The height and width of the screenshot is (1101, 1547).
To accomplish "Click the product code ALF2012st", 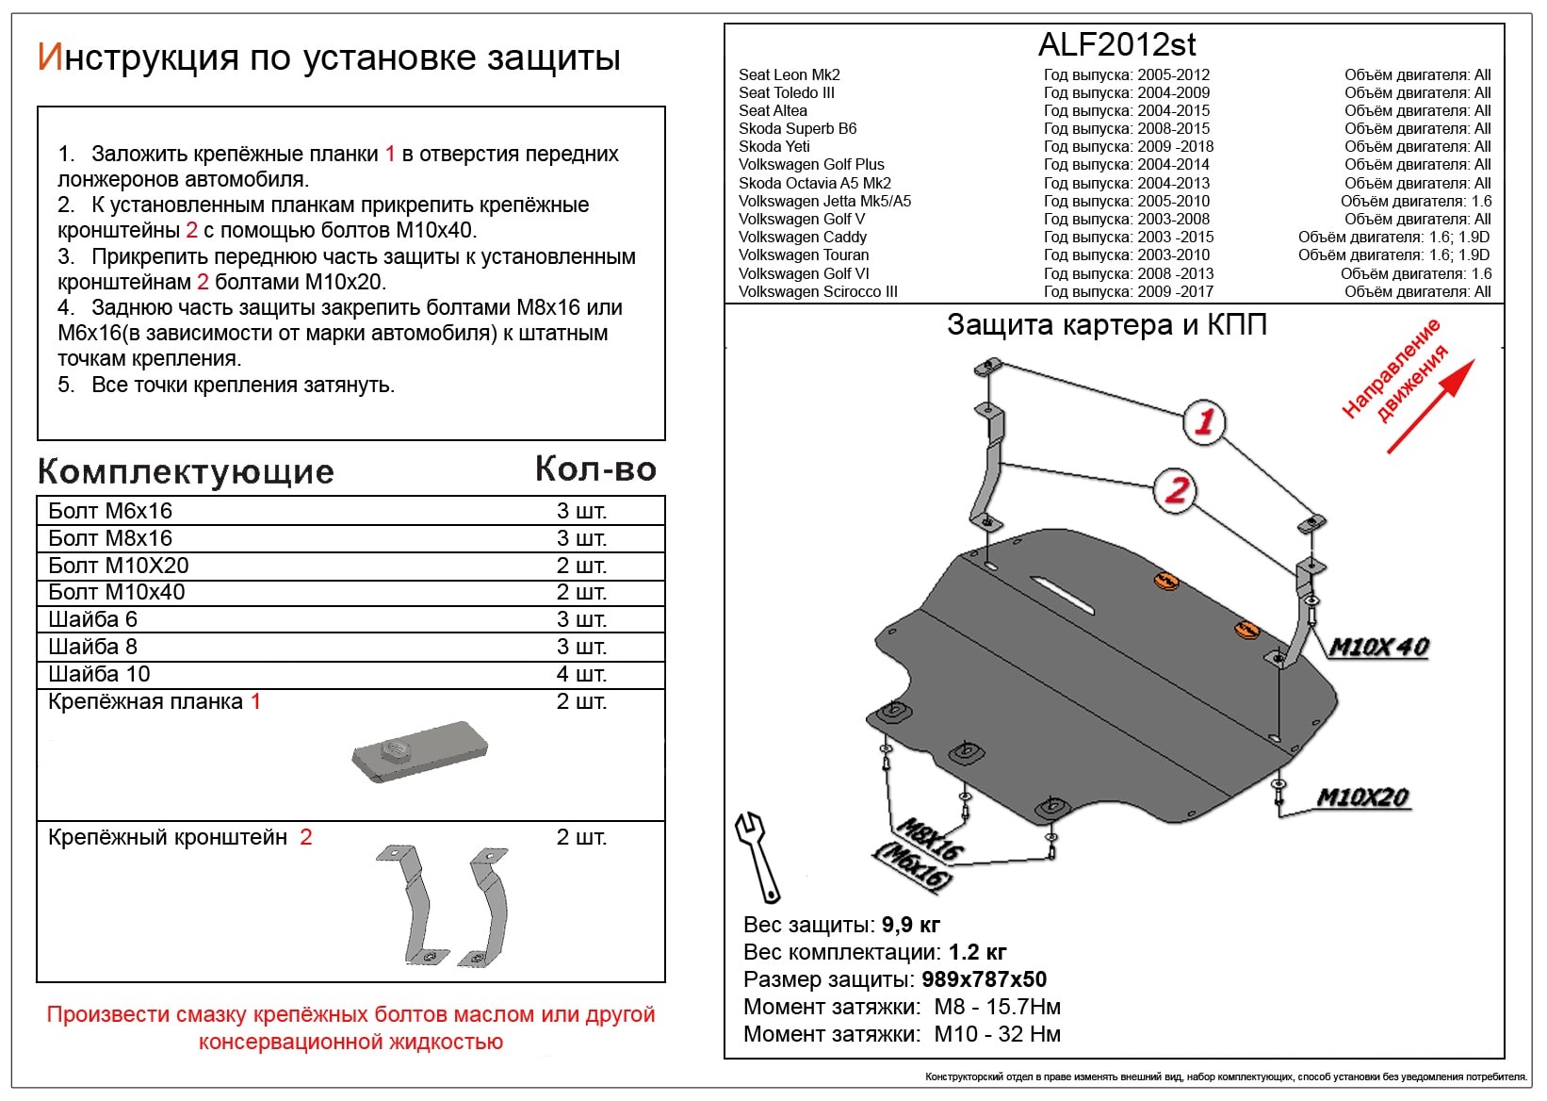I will tap(1117, 44).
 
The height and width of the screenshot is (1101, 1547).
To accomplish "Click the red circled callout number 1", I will tap(1203, 421).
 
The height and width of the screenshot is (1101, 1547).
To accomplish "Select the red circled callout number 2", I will tap(1177, 489).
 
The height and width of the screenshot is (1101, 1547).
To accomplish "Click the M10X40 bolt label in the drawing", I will tap(1378, 648).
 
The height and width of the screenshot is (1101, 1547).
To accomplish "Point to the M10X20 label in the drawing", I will tap(1362, 797).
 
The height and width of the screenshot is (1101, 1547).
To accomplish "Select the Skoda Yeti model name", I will tap(773, 146).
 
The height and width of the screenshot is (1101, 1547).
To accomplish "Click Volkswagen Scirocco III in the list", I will tap(817, 291).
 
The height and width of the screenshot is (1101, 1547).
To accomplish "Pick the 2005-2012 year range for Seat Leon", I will tap(1173, 74).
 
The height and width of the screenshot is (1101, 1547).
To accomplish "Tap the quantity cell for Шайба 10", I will tap(580, 674).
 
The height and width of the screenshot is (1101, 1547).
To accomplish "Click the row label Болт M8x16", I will tap(110, 538).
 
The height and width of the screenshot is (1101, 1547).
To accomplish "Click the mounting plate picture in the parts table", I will tap(420, 752).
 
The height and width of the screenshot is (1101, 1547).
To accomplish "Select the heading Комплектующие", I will tap(186, 471).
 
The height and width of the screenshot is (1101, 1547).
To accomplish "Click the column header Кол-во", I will tap(595, 468).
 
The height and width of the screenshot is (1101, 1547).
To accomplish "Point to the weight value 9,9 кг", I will tap(910, 925).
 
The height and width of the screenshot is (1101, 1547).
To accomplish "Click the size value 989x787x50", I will tap(984, 979).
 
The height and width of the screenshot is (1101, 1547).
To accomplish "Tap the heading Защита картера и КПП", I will tap(1106, 325).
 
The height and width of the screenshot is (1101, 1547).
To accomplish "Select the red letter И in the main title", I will tap(49, 58).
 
